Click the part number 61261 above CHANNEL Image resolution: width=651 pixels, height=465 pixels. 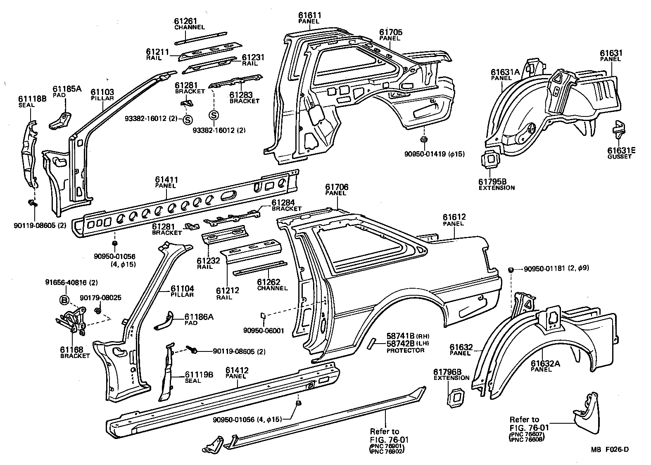185,21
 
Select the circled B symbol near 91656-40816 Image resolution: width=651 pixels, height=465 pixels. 64,300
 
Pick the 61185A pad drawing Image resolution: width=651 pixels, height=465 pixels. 60,120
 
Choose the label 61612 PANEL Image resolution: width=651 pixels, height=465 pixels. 454,220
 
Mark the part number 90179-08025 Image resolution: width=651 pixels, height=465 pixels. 100,298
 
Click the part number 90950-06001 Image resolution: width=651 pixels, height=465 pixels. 264,330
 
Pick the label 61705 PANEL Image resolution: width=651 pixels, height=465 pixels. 390,35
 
